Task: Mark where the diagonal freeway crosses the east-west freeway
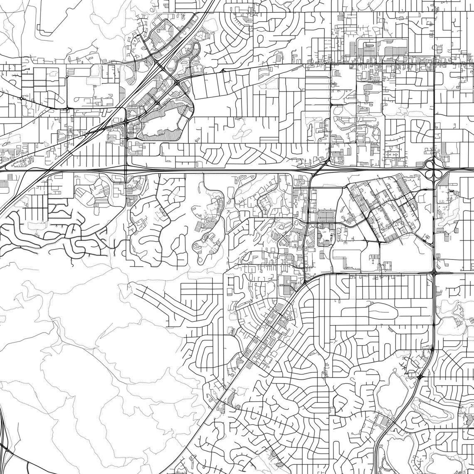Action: tap(46, 170)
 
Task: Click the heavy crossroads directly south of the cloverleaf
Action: tap(434, 273)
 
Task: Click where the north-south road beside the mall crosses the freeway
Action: tap(126, 170)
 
